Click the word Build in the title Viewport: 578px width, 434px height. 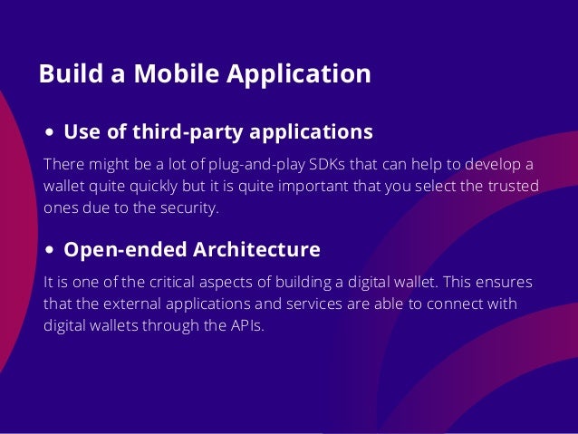click(x=68, y=74)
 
